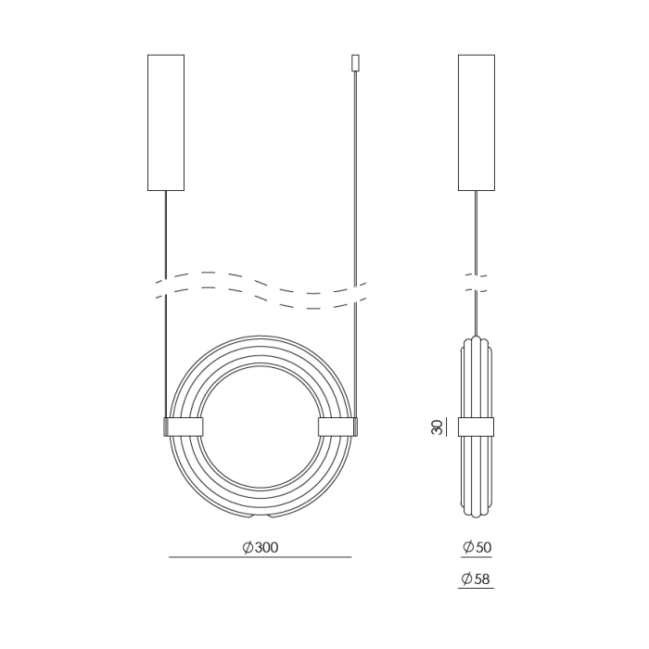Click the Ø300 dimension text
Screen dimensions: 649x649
pyautogui.click(x=260, y=547)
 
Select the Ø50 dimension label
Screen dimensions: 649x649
pyautogui.click(x=477, y=547)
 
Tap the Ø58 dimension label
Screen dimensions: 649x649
pyautogui.click(x=477, y=579)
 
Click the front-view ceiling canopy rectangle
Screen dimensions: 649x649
pyautogui.click(x=166, y=121)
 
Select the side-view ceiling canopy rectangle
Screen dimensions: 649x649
pyautogui.click(x=477, y=121)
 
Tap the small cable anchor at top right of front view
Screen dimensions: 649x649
pyautogui.click(x=353, y=62)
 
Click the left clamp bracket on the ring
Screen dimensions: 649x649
pyautogui.click(x=184, y=426)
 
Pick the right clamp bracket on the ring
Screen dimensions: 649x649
pyautogui.click(x=337, y=426)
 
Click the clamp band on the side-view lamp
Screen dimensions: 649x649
pyautogui.click(x=477, y=426)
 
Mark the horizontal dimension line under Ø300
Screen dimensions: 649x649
pyautogui.click(x=260, y=557)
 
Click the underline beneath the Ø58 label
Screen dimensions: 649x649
pyautogui.click(x=477, y=589)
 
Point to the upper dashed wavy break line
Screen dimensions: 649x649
pyautogui.click(x=261, y=278)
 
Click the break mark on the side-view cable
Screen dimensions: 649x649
pyautogui.click(x=477, y=283)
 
